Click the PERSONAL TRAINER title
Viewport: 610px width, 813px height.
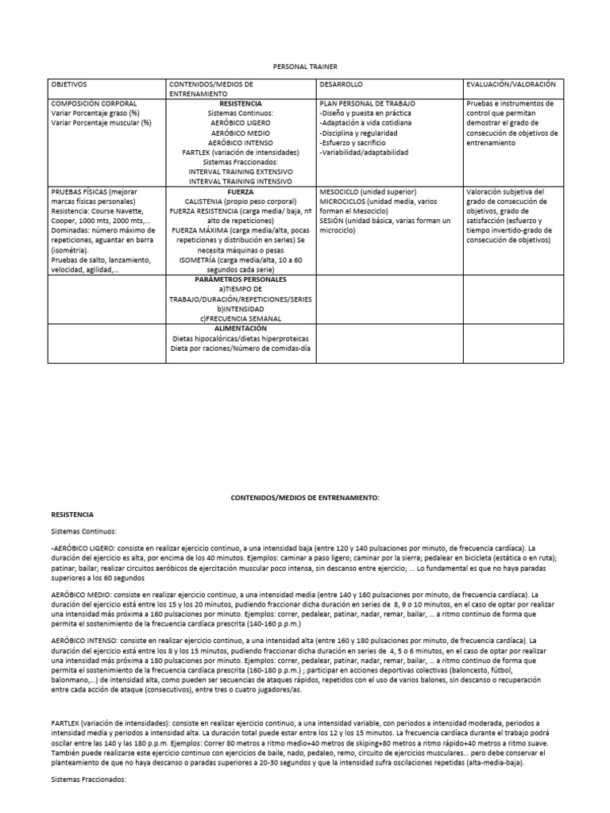click(306, 68)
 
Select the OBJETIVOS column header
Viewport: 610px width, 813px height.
click(69, 84)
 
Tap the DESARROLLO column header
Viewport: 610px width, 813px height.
click(343, 84)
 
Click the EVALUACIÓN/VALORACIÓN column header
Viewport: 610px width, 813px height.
click(512, 84)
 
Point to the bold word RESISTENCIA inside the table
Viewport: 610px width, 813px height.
click(240, 104)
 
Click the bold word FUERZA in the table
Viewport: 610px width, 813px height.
click(240, 191)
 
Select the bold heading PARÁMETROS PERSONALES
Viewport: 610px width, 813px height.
click(240, 279)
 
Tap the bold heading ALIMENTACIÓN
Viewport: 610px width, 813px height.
click(240, 328)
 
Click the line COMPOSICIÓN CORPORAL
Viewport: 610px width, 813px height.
click(94, 104)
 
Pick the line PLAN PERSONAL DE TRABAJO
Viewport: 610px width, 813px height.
click(368, 104)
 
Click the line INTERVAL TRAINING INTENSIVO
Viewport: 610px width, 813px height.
click(240, 180)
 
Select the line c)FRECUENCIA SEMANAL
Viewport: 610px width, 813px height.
click(240, 318)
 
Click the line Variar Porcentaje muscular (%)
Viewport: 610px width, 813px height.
click(101, 123)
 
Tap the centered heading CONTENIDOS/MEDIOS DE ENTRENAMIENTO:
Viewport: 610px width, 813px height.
click(305, 497)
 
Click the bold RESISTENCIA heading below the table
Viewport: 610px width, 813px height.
click(72, 514)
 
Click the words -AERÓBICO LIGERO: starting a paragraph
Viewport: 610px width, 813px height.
click(82, 549)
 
